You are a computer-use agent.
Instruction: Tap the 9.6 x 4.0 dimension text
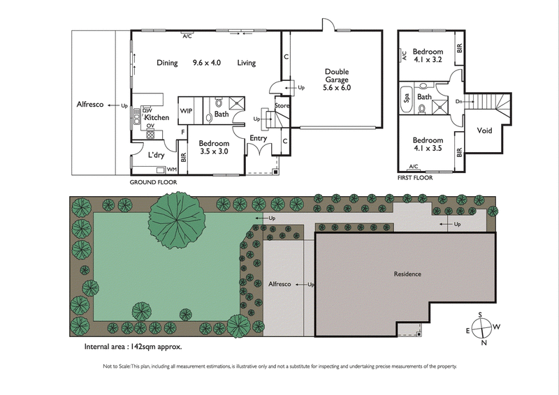(x=207, y=63)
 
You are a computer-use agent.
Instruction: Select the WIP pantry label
(x=187, y=111)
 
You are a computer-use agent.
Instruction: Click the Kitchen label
(x=157, y=118)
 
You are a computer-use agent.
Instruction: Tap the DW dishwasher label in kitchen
(x=147, y=110)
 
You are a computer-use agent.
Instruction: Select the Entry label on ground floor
(x=258, y=138)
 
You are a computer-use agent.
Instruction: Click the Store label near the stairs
(x=282, y=106)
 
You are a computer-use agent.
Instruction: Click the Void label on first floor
(x=484, y=131)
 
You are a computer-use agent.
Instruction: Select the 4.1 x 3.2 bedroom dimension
(x=427, y=61)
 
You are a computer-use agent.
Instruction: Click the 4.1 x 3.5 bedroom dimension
(x=427, y=149)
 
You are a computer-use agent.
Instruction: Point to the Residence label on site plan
(x=407, y=274)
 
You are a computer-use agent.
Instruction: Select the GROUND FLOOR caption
(x=153, y=182)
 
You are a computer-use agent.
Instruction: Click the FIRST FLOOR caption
(x=414, y=178)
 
